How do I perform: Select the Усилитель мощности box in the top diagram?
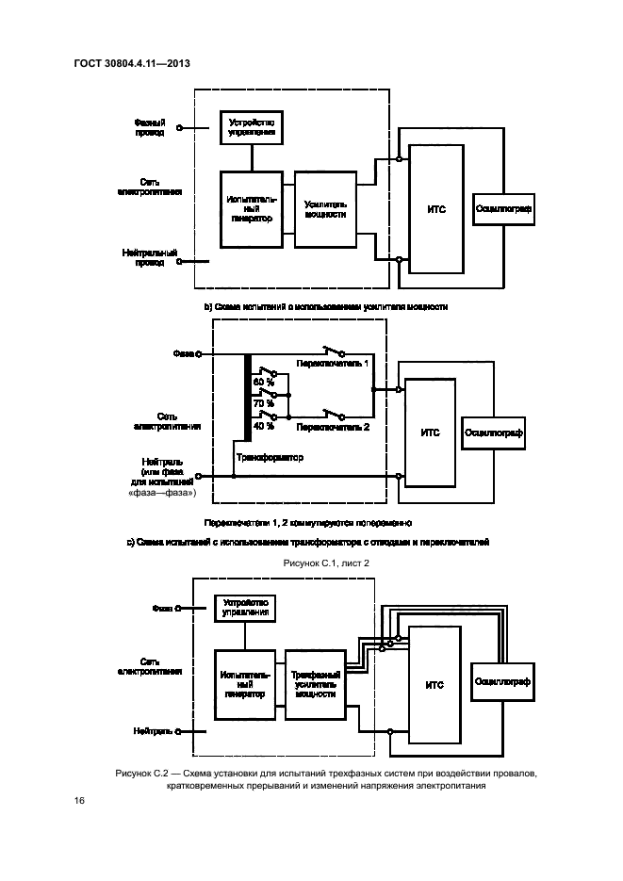click(325, 208)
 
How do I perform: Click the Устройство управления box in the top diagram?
click(251, 127)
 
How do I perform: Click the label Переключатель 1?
click(333, 362)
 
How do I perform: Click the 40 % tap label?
click(263, 425)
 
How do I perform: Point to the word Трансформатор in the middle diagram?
click(271, 458)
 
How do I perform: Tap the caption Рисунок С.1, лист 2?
click(325, 563)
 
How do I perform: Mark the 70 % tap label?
click(263, 403)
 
